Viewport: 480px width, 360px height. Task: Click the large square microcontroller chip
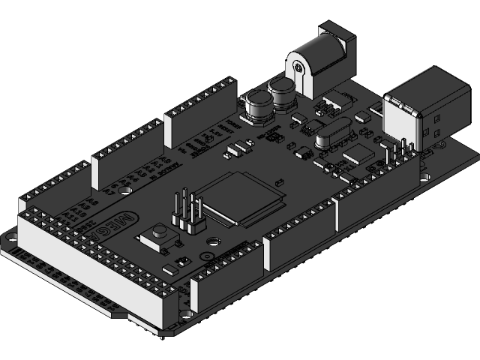pos(244,196)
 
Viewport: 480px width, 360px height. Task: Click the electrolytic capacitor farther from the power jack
pos(258,105)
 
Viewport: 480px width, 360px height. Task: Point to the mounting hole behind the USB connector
pos(426,178)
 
